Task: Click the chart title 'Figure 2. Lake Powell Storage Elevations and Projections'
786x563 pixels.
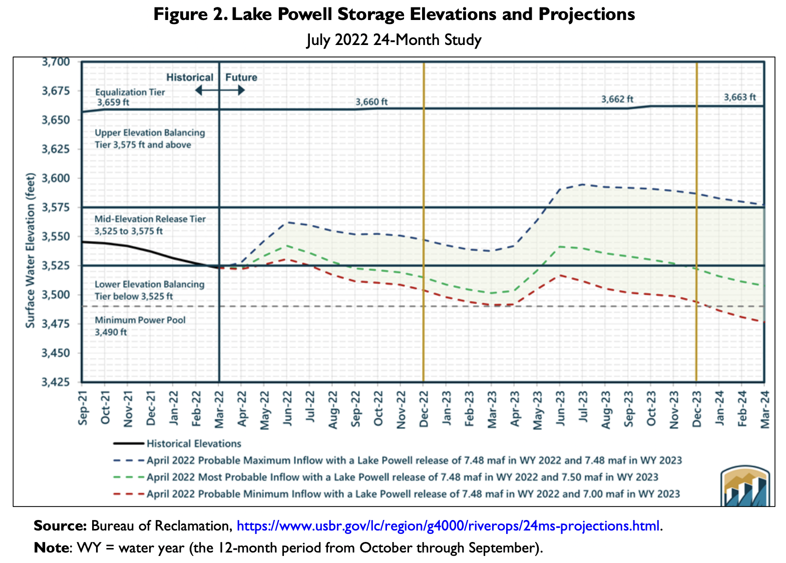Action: click(x=394, y=14)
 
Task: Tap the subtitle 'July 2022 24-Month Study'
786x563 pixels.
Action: click(x=394, y=39)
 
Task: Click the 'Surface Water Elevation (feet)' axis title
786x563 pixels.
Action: click(x=31, y=250)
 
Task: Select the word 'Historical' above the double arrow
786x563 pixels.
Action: click(x=190, y=77)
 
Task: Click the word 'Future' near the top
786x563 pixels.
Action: click(x=241, y=77)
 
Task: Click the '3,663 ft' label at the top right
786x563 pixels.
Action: click(x=740, y=97)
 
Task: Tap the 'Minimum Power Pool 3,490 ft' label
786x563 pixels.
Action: click(x=140, y=326)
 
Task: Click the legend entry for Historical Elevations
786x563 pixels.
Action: click(x=194, y=443)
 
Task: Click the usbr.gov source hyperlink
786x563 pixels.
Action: click(x=448, y=526)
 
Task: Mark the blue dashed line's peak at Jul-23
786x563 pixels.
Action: click(x=582, y=184)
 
